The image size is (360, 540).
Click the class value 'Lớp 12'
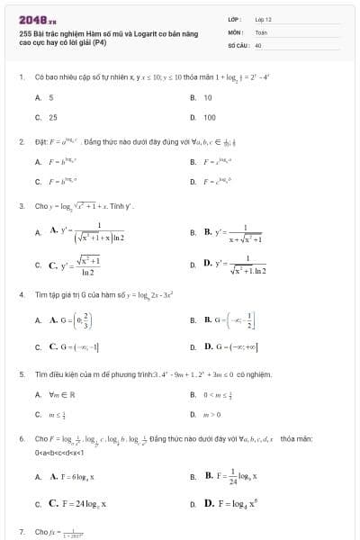coord(263,19)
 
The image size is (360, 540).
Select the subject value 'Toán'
coord(261,31)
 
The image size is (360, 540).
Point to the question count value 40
coord(258,44)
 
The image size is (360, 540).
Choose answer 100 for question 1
coord(209,117)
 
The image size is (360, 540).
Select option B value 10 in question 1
coord(208,96)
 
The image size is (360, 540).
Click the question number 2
coord(22,141)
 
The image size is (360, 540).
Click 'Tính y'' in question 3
coord(122,206)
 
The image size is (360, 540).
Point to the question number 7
coord(22,532)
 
